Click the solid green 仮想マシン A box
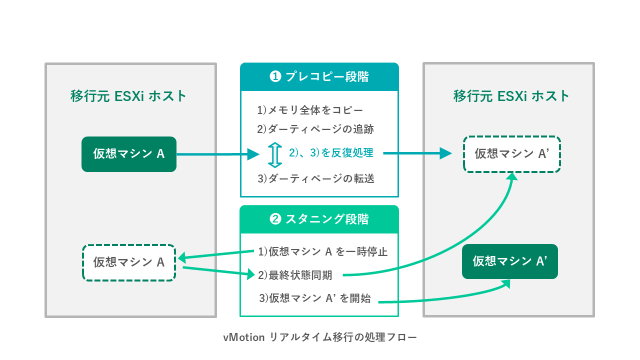(x=129, y=154)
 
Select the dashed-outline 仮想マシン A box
(x=129, y=262)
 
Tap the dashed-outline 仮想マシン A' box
(x=512, y=154)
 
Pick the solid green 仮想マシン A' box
(x=510, y=261)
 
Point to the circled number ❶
(x=275, y=77)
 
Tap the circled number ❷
(x=275, y=219)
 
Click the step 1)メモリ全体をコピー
(x=310, y=110)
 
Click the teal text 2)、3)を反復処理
(x=331, y=153)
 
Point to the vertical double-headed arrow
(x=273, y=154)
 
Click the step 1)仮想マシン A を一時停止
(x=322, y=251)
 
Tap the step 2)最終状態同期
(x=298, y=274)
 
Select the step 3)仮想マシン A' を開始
(x=315, y=298)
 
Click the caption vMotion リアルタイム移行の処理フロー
(x=320, y=337)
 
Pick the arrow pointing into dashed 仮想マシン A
(x=217, y=255)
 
